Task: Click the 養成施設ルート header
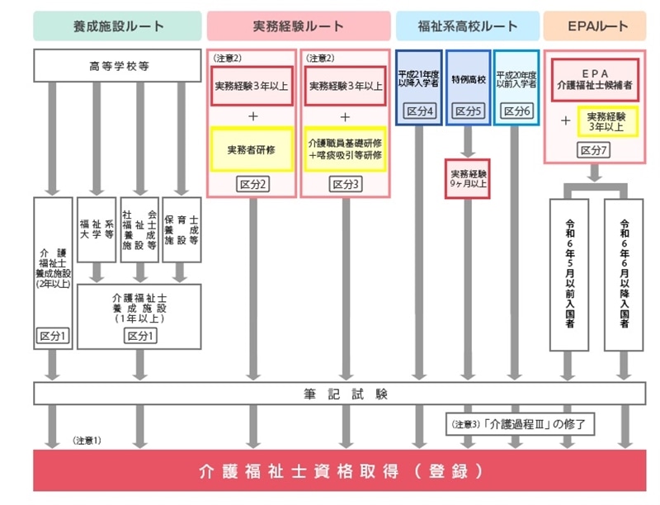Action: pyautogui.click(x=117, y=26)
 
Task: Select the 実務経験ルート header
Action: pyautogui.click(x=299, y=26)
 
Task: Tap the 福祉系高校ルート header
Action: pyautogui.click(x=468, y=26)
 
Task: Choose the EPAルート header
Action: pyautogui.click(x=595, y=26)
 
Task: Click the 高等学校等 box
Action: pyautogui.click(x=117, y=66)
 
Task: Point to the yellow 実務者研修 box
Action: pyautogui.click(x=252, y=149)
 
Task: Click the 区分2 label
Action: pyautogui.click(x=252, y=184)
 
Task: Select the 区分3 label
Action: pyautogui.click(x=346, y=184)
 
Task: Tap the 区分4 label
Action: pyautogui.click(x=420, y=111)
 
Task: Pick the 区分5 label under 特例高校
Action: pyautogui.click(x=468, y=111)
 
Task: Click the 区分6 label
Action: pyautogui.click(x=517, y=111)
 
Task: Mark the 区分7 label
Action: pyautogui.click(x=593, y=150)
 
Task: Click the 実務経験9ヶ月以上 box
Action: pyautogui.click(x=468, y=178)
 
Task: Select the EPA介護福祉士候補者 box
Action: pyautogui.click(x=595, y=80)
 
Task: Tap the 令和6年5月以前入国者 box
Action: pyautogui.click(x=569, y=275)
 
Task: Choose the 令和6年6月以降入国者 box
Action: pyautogui.click(x=624, y=275)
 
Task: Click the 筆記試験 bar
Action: pyautogui.click(x=340, y=394)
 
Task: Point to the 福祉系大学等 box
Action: pyautogui.click(x=97, y=229)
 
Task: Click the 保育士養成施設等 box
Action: pyautogui.click(x=181, y=229)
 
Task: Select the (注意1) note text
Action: pyautogui.click(x=87, y=441)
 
